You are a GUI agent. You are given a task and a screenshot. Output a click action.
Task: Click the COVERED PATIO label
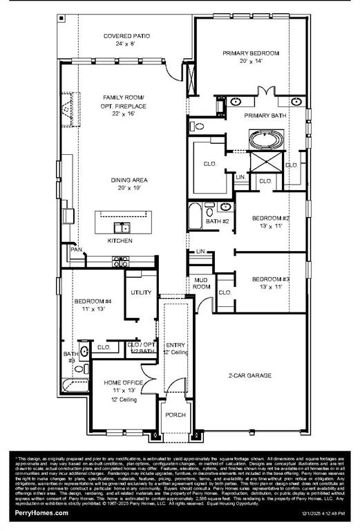126,36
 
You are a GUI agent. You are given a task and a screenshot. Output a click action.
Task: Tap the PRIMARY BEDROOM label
250,53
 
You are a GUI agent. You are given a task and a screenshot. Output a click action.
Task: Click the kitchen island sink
123,227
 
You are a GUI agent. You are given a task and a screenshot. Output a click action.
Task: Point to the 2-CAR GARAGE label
249,375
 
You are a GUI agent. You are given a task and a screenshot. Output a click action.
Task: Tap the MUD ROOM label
201,283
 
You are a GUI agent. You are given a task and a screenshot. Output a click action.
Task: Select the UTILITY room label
141,292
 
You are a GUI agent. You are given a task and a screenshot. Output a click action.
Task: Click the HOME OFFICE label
124,382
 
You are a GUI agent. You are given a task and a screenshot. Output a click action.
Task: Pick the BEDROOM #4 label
93,301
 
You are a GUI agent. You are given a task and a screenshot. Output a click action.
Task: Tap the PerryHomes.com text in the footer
41,513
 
